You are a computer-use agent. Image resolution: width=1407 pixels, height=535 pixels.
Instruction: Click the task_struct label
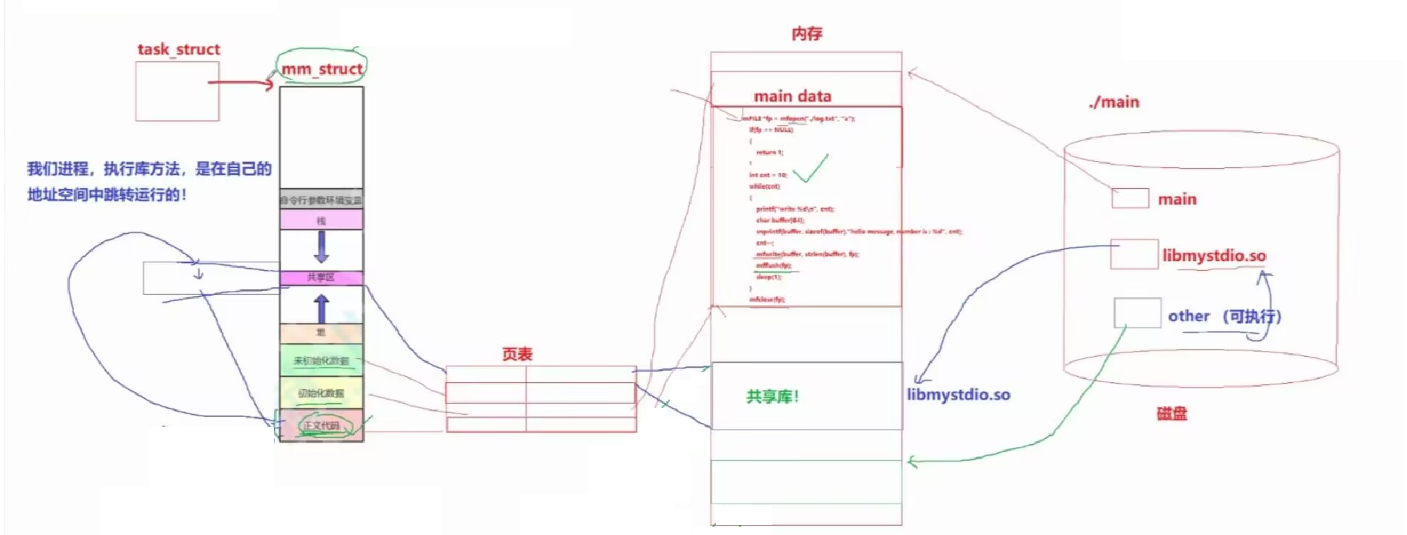(178, 49)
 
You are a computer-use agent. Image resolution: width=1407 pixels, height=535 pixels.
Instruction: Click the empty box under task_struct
(177, 91)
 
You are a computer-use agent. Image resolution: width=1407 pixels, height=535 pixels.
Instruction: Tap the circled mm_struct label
(322, 69)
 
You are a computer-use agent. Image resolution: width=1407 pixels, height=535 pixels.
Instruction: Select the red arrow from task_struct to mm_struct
(240, 83)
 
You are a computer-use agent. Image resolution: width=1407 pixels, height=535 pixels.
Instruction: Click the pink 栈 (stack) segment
(321, 220)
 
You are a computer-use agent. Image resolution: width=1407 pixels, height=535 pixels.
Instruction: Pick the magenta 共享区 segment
(321, 277)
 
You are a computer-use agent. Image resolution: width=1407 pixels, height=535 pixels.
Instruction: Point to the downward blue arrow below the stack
(321, 246)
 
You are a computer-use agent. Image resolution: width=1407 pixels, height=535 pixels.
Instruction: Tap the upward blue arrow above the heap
(321, 309)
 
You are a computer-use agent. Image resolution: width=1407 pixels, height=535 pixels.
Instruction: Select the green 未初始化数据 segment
(321, 360)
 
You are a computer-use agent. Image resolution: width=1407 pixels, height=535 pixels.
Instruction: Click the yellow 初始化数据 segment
(321, 393)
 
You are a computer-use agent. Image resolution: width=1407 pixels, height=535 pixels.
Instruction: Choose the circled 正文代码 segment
(321, 425)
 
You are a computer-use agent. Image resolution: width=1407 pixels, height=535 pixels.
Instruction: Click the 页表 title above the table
(518, 354)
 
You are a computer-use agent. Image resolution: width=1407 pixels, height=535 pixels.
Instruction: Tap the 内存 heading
(807, 33)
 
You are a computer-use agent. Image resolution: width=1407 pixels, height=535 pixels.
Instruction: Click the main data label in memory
(793, 96)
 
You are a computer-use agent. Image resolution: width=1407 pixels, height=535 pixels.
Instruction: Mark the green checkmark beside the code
(811, 169)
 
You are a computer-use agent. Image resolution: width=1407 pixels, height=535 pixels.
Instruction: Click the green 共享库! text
(773, 397)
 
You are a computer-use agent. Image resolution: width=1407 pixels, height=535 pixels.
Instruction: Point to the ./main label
(1114, 102)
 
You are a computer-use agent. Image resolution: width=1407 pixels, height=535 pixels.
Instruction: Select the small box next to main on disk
(1130, 198)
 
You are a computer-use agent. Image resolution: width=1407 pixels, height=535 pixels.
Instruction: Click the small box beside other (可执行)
(1137, 313)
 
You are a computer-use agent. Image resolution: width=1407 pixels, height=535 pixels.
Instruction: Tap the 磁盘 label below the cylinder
(1172, 414)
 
